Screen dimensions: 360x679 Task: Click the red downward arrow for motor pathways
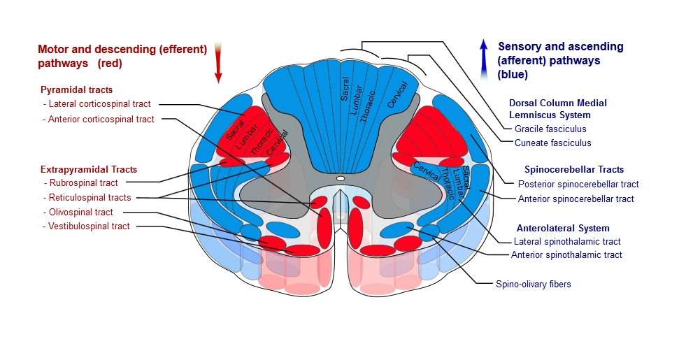[x=218, y=62]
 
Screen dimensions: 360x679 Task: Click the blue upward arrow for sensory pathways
[x=483, y=59]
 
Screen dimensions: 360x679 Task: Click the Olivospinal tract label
[x=80, y=213]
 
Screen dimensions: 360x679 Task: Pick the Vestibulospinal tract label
[x=89, y=226]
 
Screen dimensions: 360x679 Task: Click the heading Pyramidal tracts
[x=76, y=90]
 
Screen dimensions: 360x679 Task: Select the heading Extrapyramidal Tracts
[x=89, y=169]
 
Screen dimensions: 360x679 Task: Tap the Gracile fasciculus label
[x=550, y=129]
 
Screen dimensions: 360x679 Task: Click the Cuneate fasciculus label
[x=552, y=143]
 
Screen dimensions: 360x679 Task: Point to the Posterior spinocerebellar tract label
[x=578, y=185]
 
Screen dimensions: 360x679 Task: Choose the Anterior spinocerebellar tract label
[x=576, y=199]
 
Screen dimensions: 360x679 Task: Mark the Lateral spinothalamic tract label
[x=567, y=242]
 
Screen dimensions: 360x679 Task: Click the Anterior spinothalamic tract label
[x=566, y=255]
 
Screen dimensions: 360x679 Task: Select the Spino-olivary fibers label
[x=534, y=285]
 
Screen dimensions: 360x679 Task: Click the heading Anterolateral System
[x=563, y=228]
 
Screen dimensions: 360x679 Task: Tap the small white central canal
[x=340, y=179]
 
